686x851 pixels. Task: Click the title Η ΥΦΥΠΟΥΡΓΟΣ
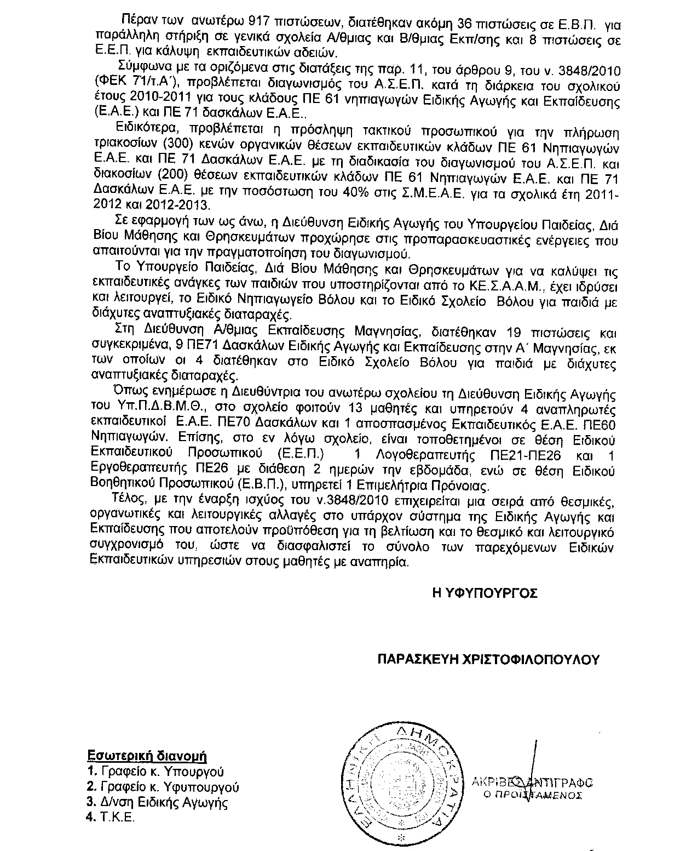[485, 593]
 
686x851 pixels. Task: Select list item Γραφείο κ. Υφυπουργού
[170, 787]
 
